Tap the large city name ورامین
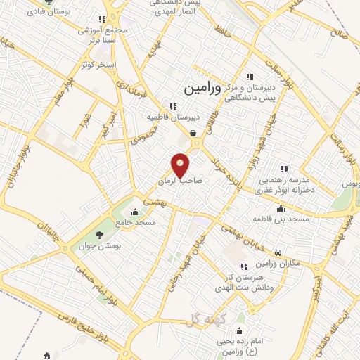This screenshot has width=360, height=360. point(202,89)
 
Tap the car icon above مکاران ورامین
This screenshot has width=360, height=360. point(278,252)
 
